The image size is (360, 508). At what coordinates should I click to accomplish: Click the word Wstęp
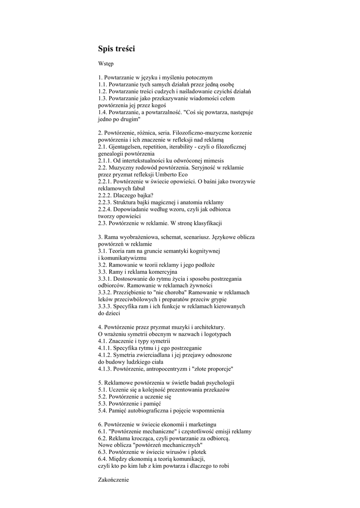(x=106, y=64)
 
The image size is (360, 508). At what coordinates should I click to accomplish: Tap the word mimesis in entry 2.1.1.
(x=211, y=161)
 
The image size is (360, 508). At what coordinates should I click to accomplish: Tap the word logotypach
(x=216, y=334)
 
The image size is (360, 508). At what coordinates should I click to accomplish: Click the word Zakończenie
(x=113, y=480)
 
